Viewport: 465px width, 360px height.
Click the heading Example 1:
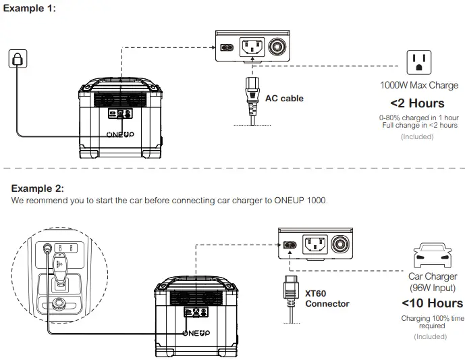33,7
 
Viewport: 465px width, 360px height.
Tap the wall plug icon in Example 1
18,59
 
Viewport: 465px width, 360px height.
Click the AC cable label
284,99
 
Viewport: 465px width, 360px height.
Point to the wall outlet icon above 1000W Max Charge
418,63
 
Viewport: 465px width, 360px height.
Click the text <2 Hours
417,103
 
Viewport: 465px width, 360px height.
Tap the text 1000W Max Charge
419,86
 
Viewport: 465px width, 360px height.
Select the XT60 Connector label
327,299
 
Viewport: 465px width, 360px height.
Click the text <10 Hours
432,303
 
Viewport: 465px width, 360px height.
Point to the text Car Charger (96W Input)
433,282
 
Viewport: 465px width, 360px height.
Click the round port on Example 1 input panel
276,48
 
